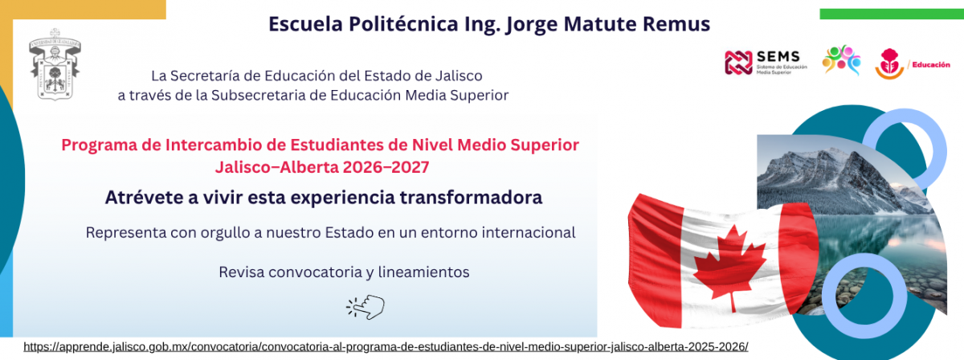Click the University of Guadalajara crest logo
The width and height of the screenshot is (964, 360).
55,64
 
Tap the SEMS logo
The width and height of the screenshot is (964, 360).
766,63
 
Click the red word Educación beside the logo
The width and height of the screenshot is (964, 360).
931,65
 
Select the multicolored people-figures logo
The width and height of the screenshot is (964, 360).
841,59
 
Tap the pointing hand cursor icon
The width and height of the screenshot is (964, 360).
366,307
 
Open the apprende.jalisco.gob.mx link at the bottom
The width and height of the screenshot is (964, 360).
386,347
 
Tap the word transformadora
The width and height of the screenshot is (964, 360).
471,198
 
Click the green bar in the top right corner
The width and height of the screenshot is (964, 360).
892,14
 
